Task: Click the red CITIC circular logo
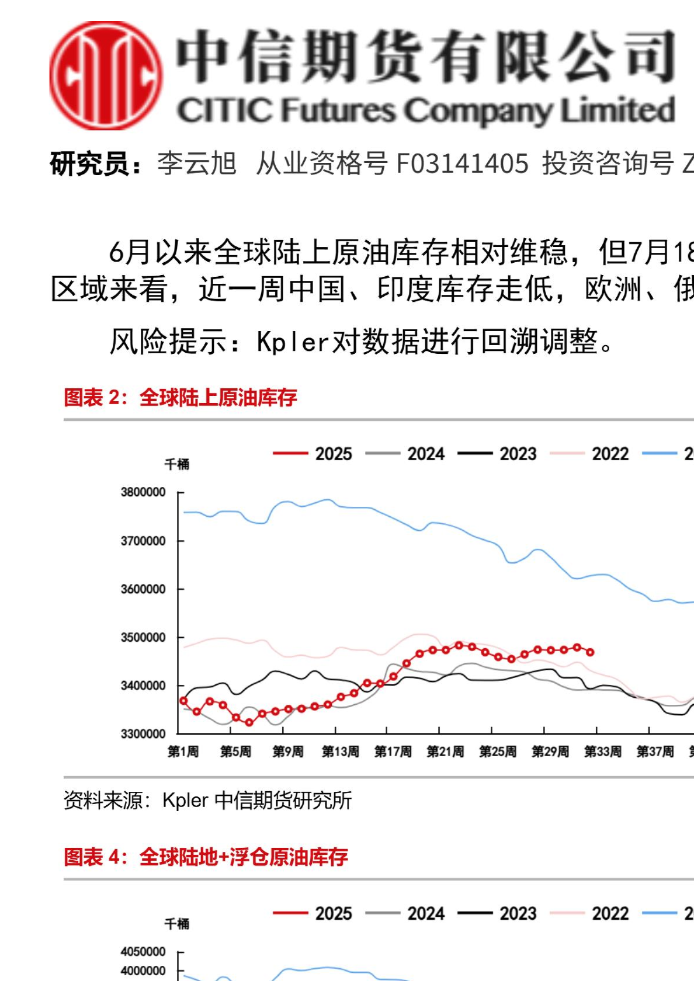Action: pyautogui.click(x=106, y=75)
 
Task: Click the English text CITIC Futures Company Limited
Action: pyautogui.click(x=425, y=110)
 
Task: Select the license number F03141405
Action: pyautogui.click(x=462, y=163)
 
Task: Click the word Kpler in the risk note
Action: pyautogui.click(x=293, y=342)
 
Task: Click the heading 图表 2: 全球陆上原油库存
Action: pyautogui.click(x=181, y=398)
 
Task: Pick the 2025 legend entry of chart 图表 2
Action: pyautogui.click(x=313, y=454)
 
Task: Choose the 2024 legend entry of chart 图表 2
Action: pyautogui.click(x=405, y=454)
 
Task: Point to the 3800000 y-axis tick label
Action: pyautogui.click(x=143, y=492)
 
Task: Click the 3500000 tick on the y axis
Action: pyautogui.click(x=143, y=637)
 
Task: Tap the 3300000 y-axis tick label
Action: pyautogui.click(x=143, y=733)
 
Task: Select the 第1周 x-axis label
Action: pyautogui.click(x=183, y=752)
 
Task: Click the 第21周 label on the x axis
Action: pyautogui.click(x=445, y=752)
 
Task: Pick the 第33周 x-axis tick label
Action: pyautogui.click(x=602, y=752)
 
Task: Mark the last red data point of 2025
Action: pyautogui.click(x=590, y=652)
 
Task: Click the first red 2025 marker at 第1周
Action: pyautogui.click(x=183, y=701)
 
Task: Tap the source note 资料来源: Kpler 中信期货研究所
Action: pyautogui.click(x=207, y=801)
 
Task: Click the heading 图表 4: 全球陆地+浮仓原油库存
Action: pyautogui.click(x=206, y=857)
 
